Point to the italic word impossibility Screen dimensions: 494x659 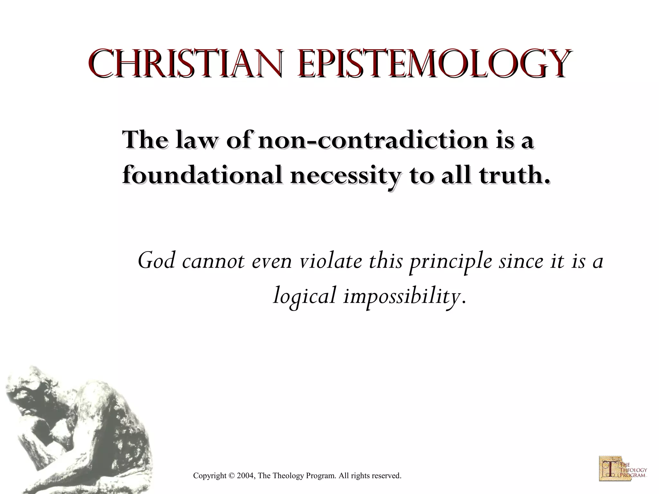(401, 296)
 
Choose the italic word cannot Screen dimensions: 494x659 (213, 261)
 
